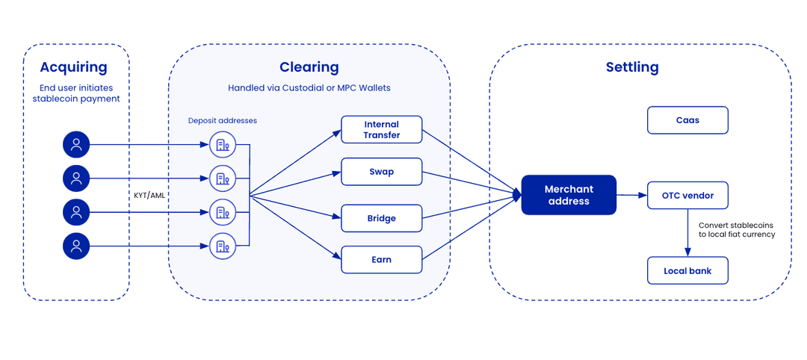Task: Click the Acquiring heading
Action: pos(73,67)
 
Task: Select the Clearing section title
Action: pos(309,67)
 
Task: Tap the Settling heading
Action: pos(632,67)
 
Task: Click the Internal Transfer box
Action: pos(382,130)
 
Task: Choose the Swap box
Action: pos(382,172)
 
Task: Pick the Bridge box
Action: pos(382,219)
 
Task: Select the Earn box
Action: pos(382,259)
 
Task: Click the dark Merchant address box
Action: pos(569,195)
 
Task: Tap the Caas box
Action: pos(687,120)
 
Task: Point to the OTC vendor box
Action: pos(687,196)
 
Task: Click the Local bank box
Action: pos(687,270)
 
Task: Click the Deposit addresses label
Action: pos(223,120)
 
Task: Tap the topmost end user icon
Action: pos(76,145)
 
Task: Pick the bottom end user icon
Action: pos(76,246)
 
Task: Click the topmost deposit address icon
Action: pos(223,145)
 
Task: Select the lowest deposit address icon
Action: pos(223,246)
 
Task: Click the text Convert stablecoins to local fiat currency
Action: pos(736,229)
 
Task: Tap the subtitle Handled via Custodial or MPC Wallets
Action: pos(309,88)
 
